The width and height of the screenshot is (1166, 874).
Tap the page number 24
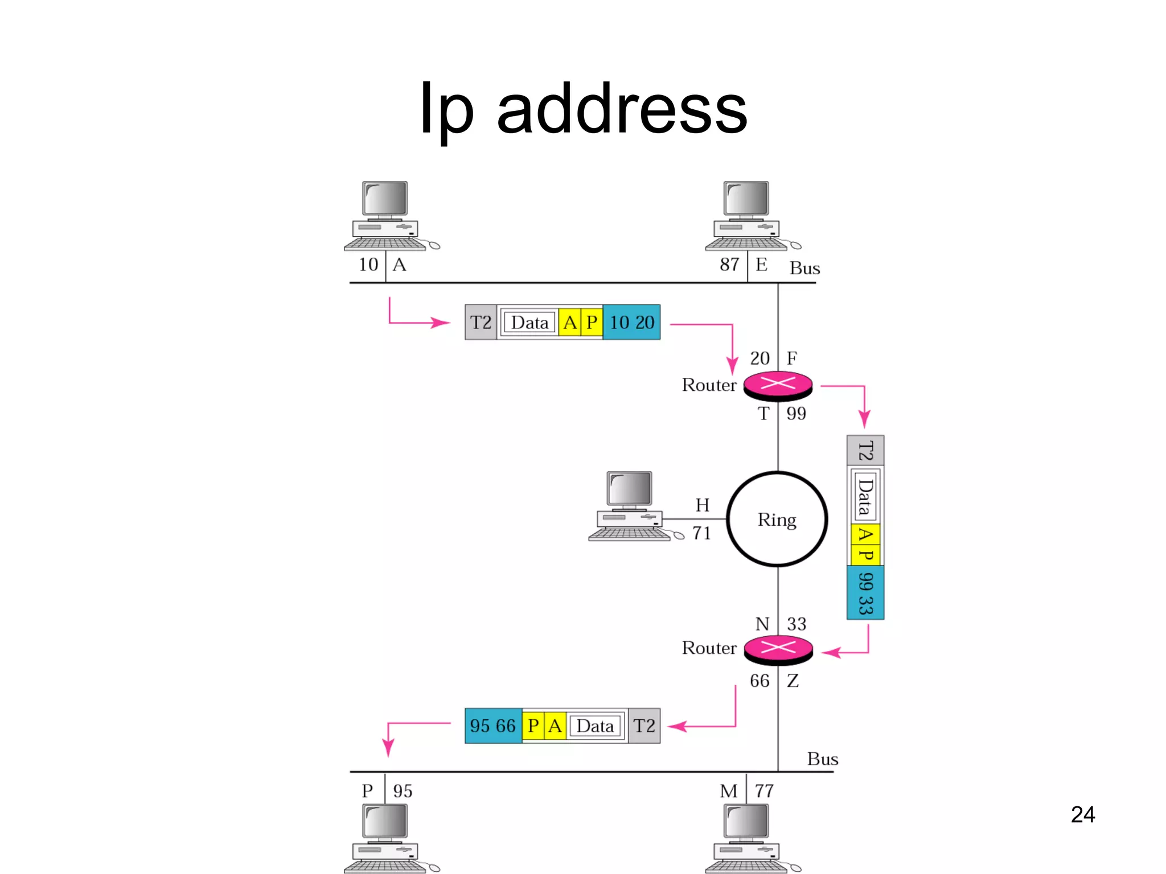(x=1082, y=814)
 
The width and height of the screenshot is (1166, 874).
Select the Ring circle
(x=777, y=519)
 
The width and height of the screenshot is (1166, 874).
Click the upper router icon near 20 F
(x=778, y=385)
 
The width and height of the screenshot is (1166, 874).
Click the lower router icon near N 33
(x=778, y=649)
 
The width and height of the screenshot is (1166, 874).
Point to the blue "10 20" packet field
(x=631, y=323)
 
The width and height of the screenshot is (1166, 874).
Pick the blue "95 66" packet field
(x=492, y=726)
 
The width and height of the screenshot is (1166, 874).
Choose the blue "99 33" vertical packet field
(x=865, y=592)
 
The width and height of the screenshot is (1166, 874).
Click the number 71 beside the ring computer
(x=701, y=533)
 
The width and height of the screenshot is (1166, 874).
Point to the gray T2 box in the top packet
(x=481, y=323)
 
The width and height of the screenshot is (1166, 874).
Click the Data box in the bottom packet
(x=595, y=726)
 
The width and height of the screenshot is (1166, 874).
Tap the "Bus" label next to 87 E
(x=804, y=268)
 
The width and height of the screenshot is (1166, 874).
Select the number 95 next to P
(x=403, y=791)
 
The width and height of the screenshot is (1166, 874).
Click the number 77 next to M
(x=764, y=791)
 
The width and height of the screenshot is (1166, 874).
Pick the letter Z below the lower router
(x=793, y=681)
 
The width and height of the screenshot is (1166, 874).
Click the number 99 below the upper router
(x=796, y=413)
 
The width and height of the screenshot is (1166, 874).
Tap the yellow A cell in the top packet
(x=569, y=323)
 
